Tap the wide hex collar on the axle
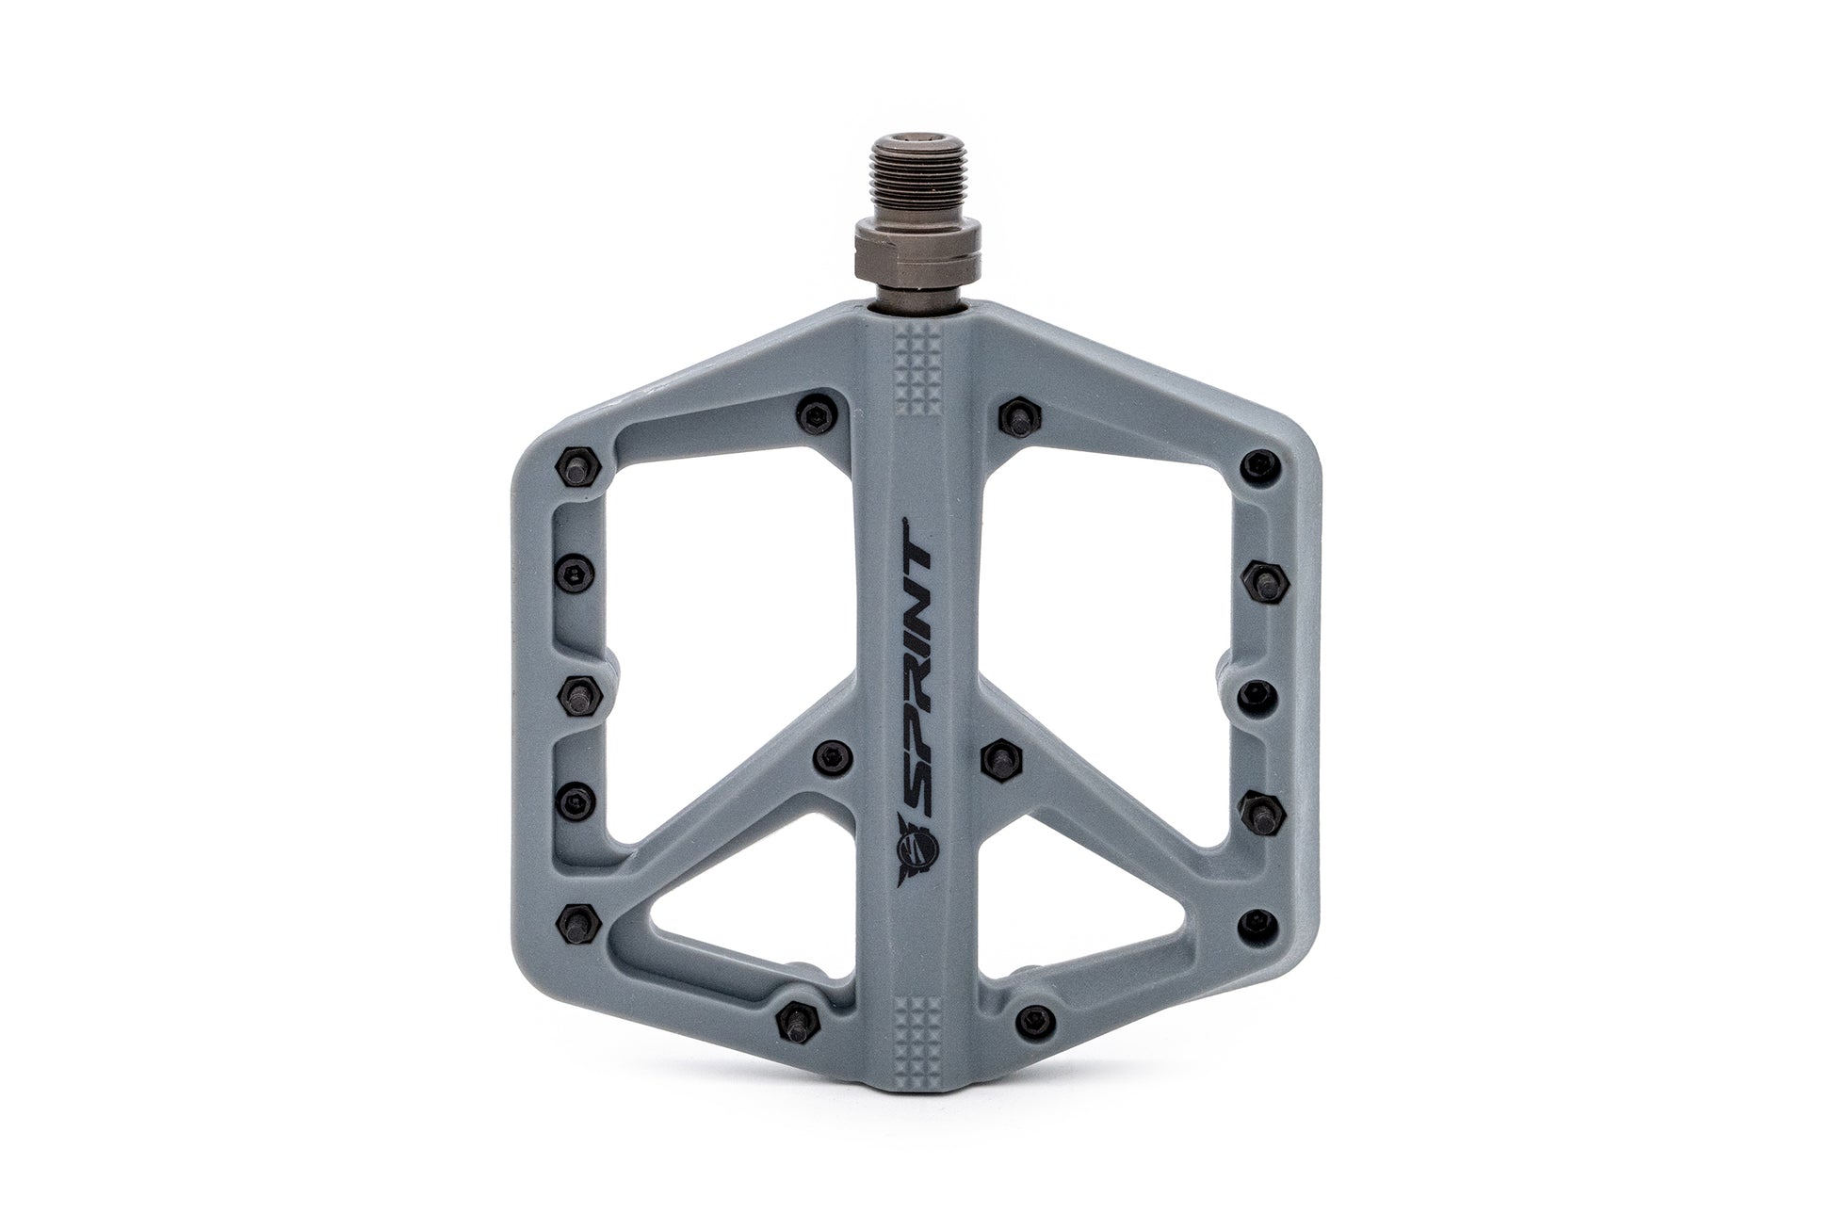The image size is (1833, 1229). click(918, 253)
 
